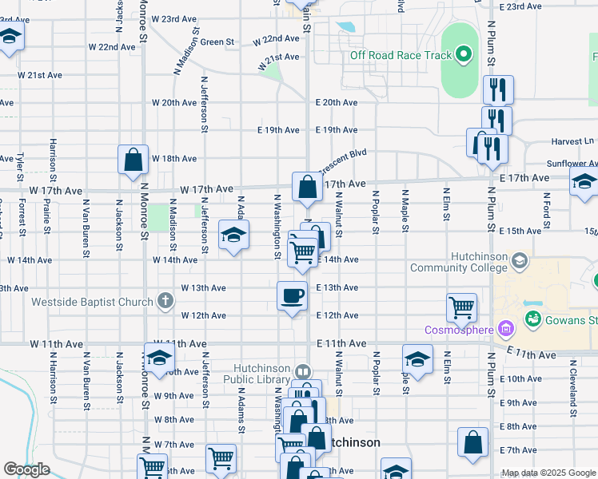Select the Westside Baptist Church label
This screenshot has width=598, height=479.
[x=92, y=302]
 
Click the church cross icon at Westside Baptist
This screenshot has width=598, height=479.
[x=165, y=301]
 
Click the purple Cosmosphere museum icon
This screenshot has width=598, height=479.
[x=505, y=328]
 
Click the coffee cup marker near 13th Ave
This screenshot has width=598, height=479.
[x=292, y=295]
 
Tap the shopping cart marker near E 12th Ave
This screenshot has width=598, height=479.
[x=462, y=307]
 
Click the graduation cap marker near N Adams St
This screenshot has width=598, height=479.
[x=233, y=236]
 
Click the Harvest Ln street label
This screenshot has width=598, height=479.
[x=566, y=141]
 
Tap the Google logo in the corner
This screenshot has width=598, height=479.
[x=26, y=469]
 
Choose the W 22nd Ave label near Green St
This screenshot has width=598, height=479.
[x=277, y=39]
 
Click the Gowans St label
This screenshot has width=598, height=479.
[x=572, y=320]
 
